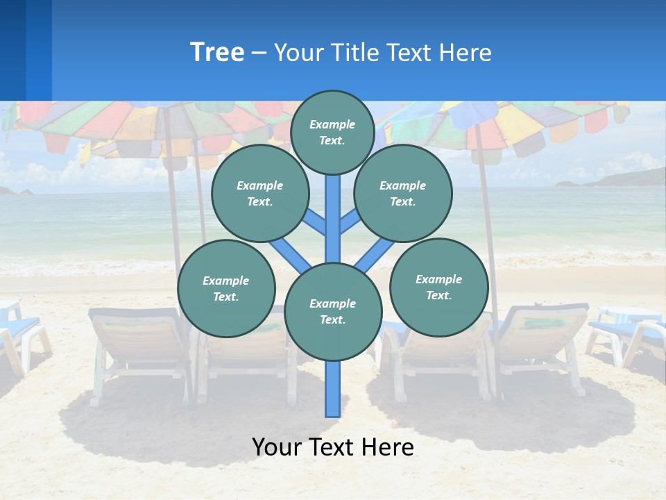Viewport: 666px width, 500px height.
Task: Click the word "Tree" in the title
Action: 217,53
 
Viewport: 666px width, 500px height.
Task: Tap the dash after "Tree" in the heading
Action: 259,53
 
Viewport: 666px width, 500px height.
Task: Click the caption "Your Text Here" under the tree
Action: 333,447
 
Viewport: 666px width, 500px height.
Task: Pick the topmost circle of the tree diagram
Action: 332,132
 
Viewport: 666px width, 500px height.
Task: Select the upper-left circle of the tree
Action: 260,193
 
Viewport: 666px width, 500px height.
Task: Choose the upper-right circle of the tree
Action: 403,193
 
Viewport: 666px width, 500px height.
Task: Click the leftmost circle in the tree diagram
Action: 226,288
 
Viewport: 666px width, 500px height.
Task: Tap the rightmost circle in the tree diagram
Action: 439,287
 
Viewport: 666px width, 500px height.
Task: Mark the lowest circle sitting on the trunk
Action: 333,312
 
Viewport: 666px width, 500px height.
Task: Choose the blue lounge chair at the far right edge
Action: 628,330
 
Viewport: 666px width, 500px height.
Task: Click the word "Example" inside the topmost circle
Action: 332,124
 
